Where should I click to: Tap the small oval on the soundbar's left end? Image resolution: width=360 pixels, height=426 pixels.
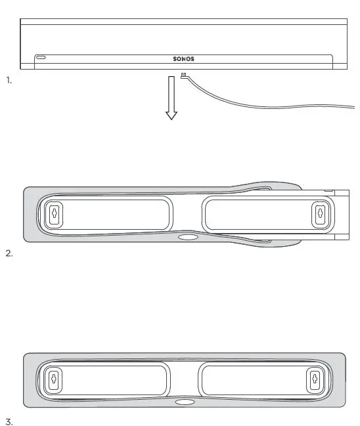click(x=41, y=58)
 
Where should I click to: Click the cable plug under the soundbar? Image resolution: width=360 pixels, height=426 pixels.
click(x=185, y=75)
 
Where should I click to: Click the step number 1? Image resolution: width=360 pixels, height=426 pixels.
click(x=9, y=80)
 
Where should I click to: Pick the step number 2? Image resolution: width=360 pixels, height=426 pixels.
click(x=9, y=253)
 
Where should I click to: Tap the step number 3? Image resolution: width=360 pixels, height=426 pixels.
click(x=9, y=421)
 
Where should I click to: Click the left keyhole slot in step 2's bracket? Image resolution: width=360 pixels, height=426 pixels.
click(x=55, y=213)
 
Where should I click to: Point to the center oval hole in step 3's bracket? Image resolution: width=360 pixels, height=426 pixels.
click(x=185, y=402)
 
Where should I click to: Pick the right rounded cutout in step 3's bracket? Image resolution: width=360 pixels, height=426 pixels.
click(x=259, y=379)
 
